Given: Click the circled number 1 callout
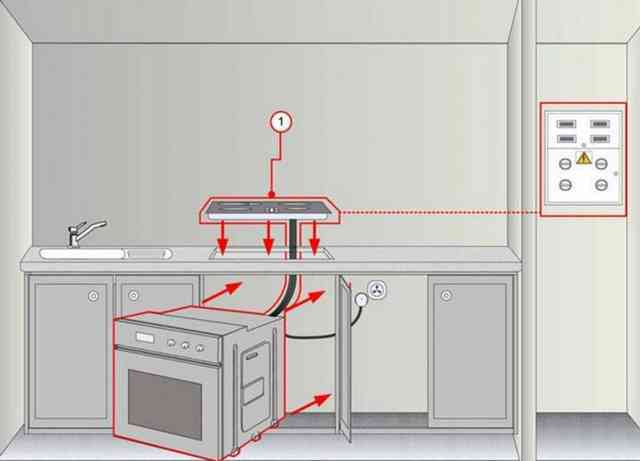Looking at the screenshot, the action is coord(281,122).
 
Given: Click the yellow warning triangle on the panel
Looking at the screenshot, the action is coord(584,158).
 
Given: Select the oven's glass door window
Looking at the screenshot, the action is coord(164,404).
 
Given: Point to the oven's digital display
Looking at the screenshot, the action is coord(144,338).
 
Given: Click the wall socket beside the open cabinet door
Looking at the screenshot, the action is coord(376,290).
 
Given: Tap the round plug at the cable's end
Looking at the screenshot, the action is coord(361,300).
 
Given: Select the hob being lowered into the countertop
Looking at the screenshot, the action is coord(270,210).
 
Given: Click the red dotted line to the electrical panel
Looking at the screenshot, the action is coord(440,212).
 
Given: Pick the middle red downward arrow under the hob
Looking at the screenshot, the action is coord(268,238).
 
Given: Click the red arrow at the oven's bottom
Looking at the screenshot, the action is coord(308,404).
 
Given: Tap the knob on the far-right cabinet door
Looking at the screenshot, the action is coord(447,295).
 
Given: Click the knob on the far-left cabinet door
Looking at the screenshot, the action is coord(93,296).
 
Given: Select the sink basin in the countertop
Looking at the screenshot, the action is coord(82,254).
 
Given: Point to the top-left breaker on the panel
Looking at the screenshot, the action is coord(567,124).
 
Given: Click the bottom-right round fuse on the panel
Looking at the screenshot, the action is coord(601,185).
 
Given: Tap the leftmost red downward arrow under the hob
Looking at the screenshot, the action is coord(222,238).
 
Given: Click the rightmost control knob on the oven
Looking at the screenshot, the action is coord(200,348).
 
